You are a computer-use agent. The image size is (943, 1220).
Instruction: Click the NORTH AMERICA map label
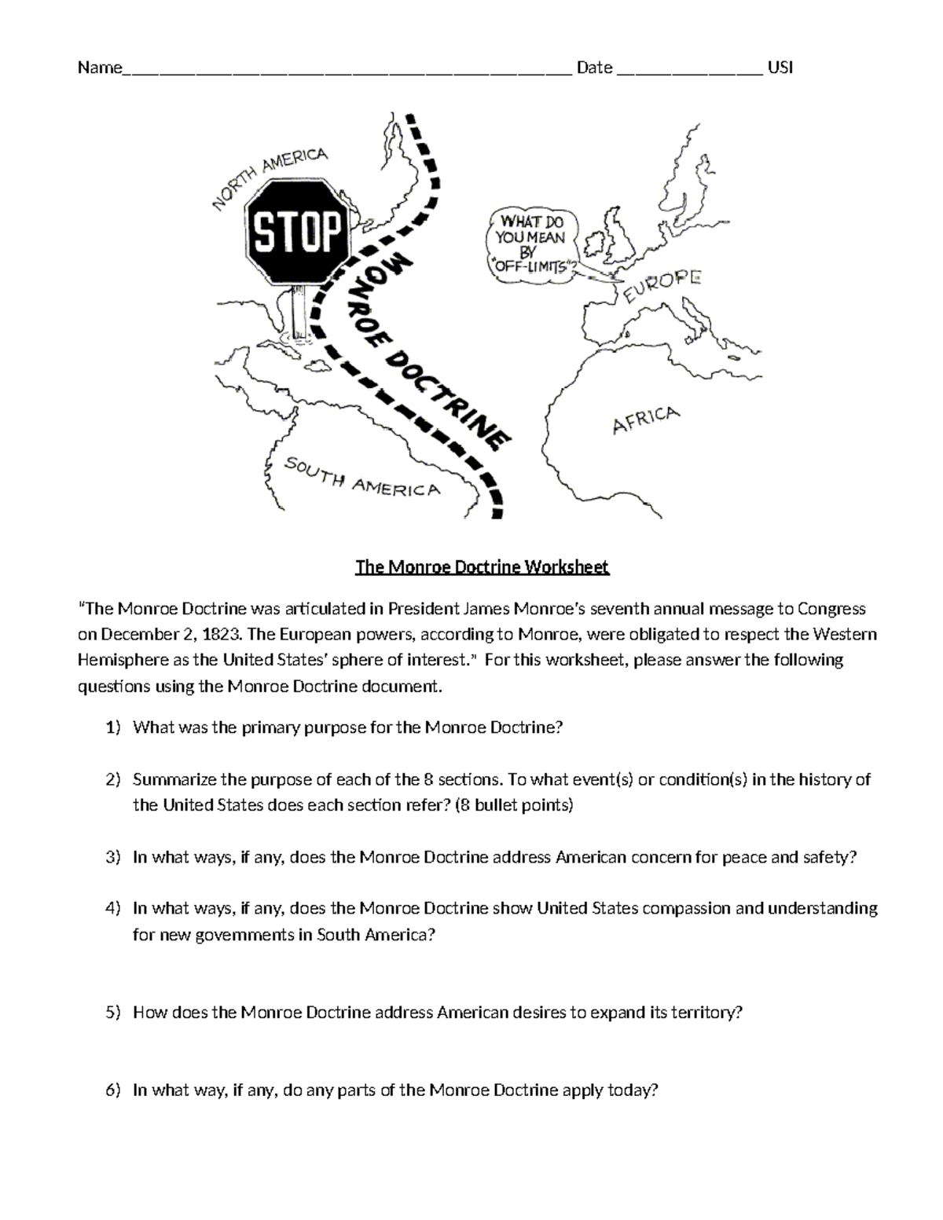[x=270, y=178]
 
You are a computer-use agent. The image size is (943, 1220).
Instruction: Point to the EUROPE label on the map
[x=662, y=286]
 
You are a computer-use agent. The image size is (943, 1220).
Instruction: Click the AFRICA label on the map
[x=645, y=419]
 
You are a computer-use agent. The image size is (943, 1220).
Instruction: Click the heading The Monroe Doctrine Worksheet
[x=482, y=567]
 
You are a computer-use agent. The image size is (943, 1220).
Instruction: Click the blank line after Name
[x=346, y=69]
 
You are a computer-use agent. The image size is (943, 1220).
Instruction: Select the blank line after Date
[x=689, y=69]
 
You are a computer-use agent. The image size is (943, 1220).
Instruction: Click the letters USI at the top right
[x=780, y=68]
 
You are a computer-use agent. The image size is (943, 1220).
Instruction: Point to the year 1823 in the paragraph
[x=210, y=634]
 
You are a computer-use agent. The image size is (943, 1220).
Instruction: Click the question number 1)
[x=113, y=727]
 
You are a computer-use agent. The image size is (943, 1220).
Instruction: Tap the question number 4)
[x=113, y=908]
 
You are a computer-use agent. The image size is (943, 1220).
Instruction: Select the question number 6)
[x=113, y=1090]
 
